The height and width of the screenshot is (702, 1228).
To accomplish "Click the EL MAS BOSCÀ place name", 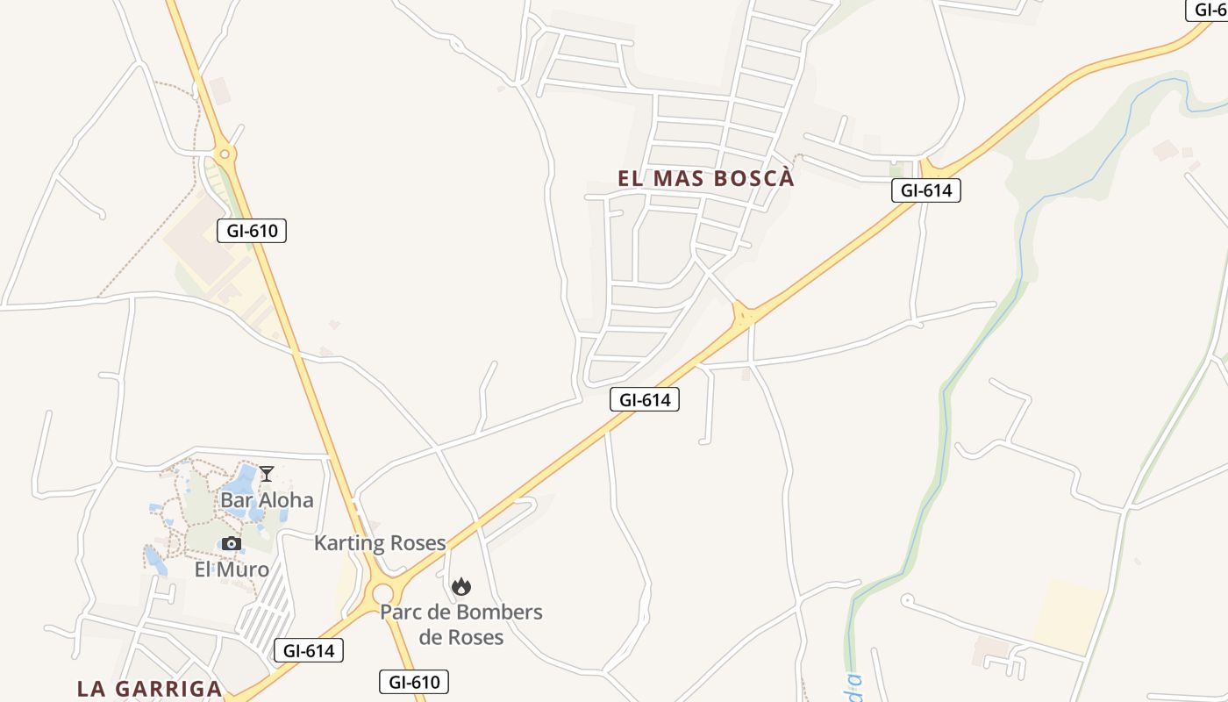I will [x=706, y=178].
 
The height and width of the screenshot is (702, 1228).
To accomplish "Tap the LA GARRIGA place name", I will [x=149, y=689].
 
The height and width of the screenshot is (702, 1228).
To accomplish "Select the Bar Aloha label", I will [x=267, y=500].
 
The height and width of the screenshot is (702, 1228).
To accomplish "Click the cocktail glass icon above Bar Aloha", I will [x=267, y=474].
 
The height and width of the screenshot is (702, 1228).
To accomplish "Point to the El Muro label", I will [x=232, y=569].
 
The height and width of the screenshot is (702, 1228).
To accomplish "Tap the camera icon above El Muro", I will [x=231, y=543].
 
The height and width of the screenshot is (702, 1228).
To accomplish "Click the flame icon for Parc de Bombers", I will [x=461, y=586].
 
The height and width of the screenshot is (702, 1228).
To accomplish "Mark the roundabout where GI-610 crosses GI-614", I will [x=383, y=594].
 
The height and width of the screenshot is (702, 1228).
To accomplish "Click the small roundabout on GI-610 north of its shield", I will [x=226, y=156].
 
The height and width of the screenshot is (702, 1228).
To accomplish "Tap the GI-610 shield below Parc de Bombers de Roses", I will [x=414, y=682].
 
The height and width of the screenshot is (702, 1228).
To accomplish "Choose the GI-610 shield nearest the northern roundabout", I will [x=252, y=231].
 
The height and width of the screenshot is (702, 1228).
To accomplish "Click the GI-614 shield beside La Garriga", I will [x=309, y=650].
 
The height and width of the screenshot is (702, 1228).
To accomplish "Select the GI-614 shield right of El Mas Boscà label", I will [x=926, y=190].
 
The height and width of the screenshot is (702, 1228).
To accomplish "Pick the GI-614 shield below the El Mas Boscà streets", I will [x=645, y=400].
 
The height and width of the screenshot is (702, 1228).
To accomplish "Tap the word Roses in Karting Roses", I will [x=416, y=543].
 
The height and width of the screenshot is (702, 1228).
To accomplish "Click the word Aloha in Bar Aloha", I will [x=283, y=500].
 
